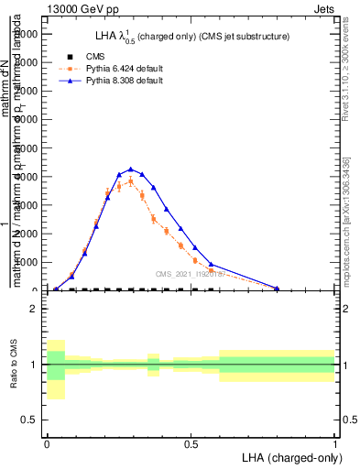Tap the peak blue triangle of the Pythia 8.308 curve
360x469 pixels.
130,169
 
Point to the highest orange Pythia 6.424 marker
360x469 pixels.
130,180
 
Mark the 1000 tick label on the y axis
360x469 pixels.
27,263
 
